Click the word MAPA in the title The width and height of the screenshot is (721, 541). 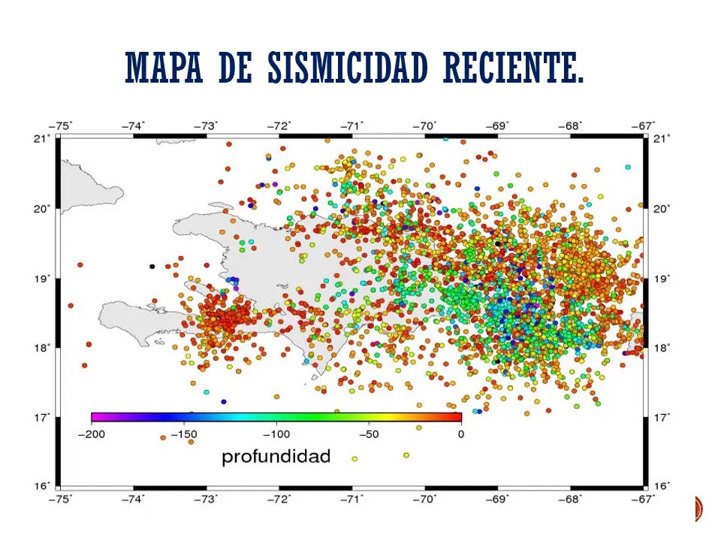pos(164,67)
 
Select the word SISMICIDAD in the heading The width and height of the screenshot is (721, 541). pos(348,67)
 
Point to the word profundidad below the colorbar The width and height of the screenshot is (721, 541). pos(276,457)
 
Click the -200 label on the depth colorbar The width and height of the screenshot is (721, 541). pos(92,434)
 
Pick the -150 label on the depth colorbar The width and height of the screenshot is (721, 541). pos(184,434)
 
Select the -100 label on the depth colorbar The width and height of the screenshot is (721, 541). pos(276,434)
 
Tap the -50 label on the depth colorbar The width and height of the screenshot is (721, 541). pos(369,434)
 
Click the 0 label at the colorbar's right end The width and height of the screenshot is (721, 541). pos(460,434)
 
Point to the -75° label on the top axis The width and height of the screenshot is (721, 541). pos(61,126)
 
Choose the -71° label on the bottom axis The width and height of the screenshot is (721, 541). pos(351,499)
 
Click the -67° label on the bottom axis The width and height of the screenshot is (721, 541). pos(643,499)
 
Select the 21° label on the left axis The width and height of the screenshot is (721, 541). pos(42,138)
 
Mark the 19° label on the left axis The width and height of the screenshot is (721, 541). pos(42,278)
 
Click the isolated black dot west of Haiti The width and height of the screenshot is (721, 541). pos(152,266)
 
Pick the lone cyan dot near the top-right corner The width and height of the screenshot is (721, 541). pos(628,167)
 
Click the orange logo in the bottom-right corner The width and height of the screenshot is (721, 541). pos(699,509)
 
